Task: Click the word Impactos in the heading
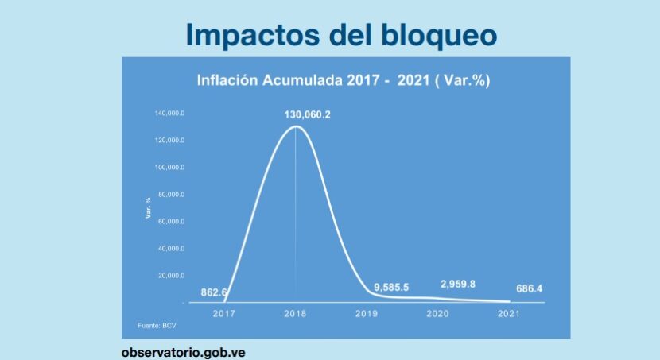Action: tap(253, 35)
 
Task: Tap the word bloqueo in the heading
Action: tap(440, 34)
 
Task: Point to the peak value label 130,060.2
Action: tap(307, 114)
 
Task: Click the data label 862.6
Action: tap(214, 292)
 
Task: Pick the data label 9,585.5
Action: tap(391, 287)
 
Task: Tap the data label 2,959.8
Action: tap(458, 285)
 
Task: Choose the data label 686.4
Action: tap(529, 288)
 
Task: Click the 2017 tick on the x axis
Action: tap(224, 313)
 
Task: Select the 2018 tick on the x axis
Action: tap(295, 313)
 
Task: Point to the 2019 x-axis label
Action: tap(367, 313)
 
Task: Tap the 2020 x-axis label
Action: tap(437, 313)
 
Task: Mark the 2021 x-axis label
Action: tap(508, 313)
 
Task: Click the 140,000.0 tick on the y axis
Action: tap(169, 113)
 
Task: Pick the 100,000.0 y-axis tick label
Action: tap(169, 168)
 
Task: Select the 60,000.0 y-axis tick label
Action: tap(171, 221)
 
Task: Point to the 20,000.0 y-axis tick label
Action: tap(171, 276)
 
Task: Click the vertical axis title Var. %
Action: tap(148, 207)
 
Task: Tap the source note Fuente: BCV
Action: tap(157, 326)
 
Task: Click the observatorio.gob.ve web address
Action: tap(183, 352)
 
